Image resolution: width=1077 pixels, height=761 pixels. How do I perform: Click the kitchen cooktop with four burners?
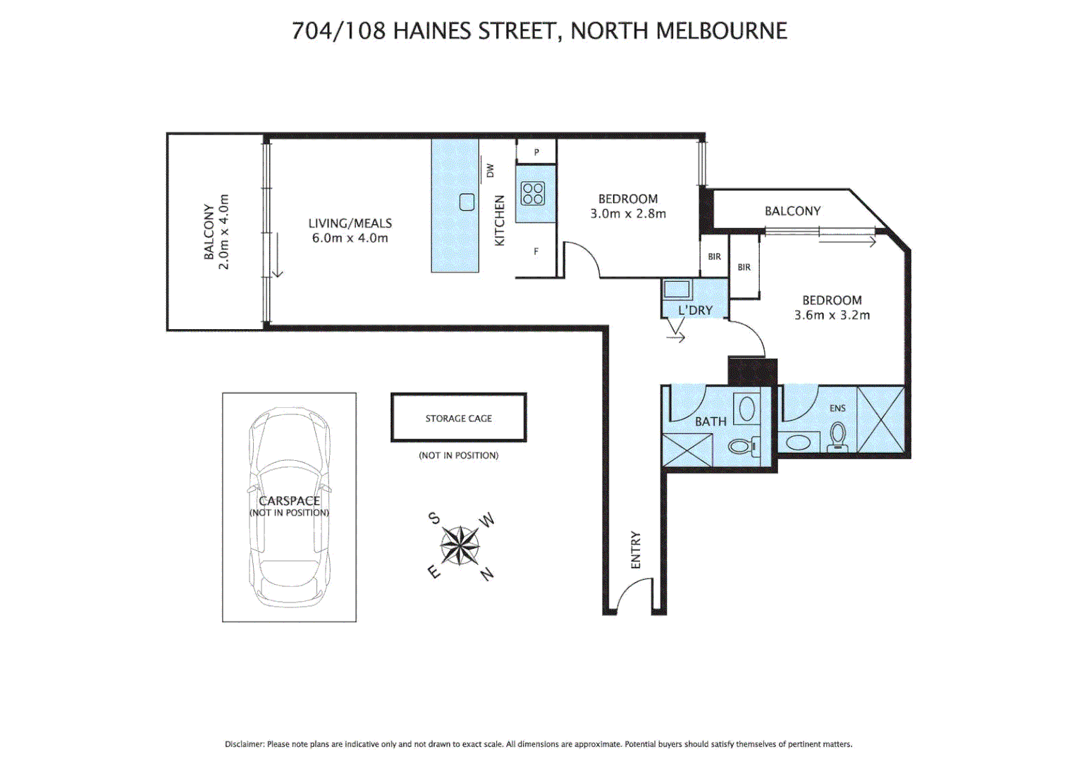[533, 193]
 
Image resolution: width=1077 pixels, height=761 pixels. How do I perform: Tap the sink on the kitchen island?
[467, 202]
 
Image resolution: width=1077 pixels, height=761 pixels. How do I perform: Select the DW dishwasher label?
[490, 171]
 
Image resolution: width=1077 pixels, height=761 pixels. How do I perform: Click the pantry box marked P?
[536, 151]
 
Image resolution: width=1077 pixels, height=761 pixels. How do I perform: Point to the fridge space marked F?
[536, 252]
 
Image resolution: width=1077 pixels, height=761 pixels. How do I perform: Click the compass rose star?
[460, 545]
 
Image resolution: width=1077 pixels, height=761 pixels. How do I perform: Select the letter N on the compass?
[487, 574]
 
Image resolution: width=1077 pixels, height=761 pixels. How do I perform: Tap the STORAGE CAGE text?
[458, 419]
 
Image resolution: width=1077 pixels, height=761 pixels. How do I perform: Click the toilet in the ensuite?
[837, 435]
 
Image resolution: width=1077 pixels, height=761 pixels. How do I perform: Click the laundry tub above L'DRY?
[677, 289]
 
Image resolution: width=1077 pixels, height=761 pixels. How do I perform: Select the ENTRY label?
[636, 550]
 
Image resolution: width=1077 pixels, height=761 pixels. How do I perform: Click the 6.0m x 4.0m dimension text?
[350, 238]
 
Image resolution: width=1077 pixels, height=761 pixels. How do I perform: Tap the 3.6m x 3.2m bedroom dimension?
[832, 315]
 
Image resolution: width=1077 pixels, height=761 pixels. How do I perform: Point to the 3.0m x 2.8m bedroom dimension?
[627, 214]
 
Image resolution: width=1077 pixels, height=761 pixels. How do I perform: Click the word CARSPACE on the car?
[289, 500]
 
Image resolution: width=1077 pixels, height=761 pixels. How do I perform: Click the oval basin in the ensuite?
[799, 442]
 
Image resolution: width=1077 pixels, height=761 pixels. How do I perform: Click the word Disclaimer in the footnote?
[244, 744]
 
